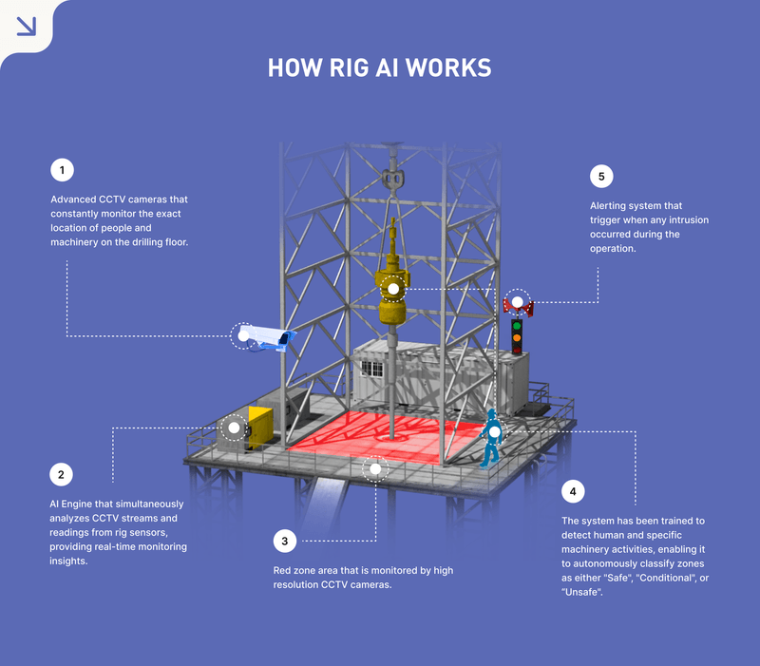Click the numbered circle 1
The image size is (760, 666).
(62, 171)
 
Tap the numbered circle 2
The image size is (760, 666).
(62, 473)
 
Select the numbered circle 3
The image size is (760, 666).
(284, 542)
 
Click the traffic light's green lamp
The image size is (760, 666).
(517, 325)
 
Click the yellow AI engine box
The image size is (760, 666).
(258, 426)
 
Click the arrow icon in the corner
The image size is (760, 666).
(27, 26)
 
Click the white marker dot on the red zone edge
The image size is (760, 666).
(376, 468)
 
